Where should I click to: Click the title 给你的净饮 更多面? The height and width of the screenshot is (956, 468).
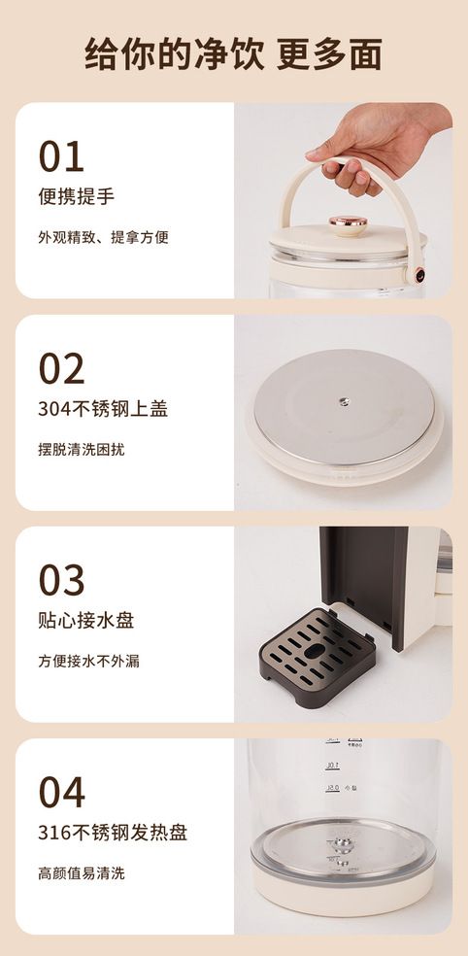pyautogui.click(x=233, y=53)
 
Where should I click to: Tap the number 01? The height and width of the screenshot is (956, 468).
pyautogui.click(x=61, y=156)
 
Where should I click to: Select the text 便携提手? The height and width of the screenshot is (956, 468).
pyautogui.click(x=76, y=196)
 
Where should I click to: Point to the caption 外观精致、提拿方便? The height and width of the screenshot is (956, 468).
pyautogui.click(x=103, y=237)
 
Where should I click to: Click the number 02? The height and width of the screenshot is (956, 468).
pyautogui.click(x=61, y=369)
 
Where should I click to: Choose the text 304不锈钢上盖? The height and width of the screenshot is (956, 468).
pyautogui.click(x=103, y=408)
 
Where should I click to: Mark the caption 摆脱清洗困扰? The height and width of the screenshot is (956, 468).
pyautogui.click(x=81, y=450)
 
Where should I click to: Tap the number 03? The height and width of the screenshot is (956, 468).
pyautogui.click(x=61, y=580)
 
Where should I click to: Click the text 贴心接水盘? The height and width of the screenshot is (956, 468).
pyautogui.click(x=85, y=620)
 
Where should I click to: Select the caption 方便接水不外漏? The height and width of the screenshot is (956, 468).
pyautogui.click(x=88, y=661)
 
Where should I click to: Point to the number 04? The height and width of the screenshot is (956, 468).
pyautogui.click(x=61, y=792)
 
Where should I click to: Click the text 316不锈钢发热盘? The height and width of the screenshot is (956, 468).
pyautogui.click(x=113, y=833)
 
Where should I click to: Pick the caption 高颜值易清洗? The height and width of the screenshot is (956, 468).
pyautogui.click(x=81, y=873)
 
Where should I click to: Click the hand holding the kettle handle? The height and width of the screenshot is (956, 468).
pyautogui.click(x=373, y=147)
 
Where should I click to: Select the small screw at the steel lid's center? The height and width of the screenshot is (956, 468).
pyautogui.click(x=345, y=402)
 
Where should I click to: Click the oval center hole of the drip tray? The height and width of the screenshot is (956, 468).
pyautogui.click(x=315, y=652)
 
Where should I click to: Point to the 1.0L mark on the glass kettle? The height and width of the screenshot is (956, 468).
pyautogui.click(x=333, y=766)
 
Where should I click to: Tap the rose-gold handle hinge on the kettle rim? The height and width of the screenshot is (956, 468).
pyautogui.click(x=419, y=275)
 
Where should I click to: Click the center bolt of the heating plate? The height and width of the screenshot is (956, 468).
pyautogui.click(x=343, y=843)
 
